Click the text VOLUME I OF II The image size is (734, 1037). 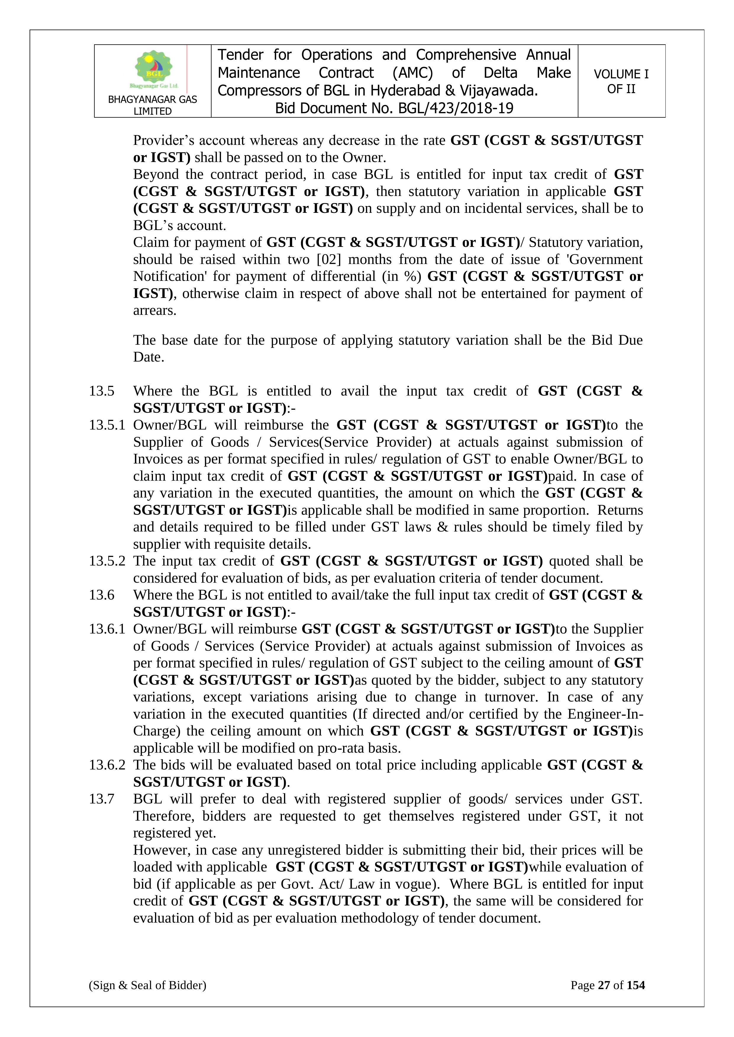click(621, 81)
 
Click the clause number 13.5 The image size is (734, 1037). click(102, 391)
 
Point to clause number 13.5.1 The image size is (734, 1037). click(107, 425)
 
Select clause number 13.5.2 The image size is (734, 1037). click(107, 561)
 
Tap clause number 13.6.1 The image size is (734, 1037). click(107, 629)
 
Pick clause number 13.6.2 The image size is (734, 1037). click(107, 765)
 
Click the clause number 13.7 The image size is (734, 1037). click(102, 799)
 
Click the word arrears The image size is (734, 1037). click(154, 311)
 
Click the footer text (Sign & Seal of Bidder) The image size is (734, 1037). click(147, 985)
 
